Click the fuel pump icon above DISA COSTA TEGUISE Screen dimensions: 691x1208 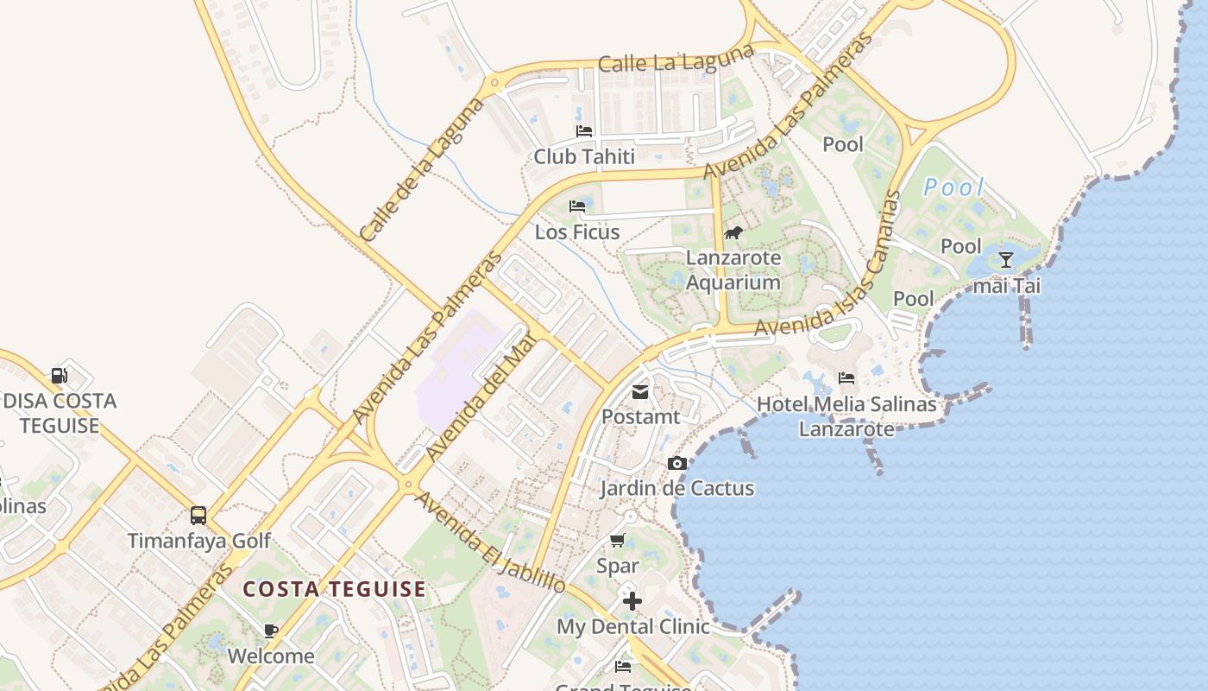tap(59, 375)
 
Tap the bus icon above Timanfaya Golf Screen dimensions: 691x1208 tap(198, 516)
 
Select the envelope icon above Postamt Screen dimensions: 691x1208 tap(640, 392)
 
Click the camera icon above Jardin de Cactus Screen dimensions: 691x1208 tap(677, 463)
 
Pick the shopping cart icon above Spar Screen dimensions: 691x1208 tap(618, 541)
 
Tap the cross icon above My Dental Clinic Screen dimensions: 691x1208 tap(632, 600)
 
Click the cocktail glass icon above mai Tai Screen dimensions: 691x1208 tap(1006, 259)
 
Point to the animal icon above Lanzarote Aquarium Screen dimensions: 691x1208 tap(733, 232)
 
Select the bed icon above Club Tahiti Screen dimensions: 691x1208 tap(584, 131)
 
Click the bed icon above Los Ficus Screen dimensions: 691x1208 tap(577, 206)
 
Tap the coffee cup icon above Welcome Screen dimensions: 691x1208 tap(271, 631)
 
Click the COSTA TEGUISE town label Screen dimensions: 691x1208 tap(335, 590)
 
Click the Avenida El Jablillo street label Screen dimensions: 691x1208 tap(490, 542)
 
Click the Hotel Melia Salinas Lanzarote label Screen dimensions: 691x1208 tap(846, 416)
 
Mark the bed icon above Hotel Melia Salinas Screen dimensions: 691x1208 tap(846, 378)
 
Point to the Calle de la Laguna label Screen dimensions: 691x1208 tap(422, 169)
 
